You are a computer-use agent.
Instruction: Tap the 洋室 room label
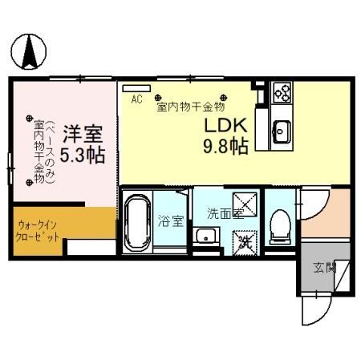click(83, 131)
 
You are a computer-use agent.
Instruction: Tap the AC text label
click(136, 99)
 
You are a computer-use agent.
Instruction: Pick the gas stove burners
click(282, 92)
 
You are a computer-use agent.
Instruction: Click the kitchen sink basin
click(282, 127)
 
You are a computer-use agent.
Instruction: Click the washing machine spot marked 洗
click(244, 238)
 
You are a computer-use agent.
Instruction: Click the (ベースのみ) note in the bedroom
click(50, 152)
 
